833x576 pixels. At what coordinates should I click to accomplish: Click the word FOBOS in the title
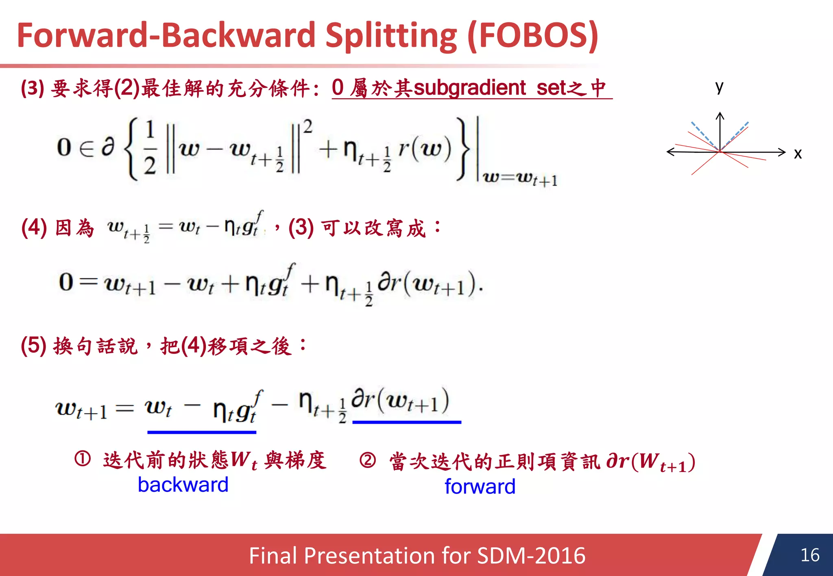[533, 36]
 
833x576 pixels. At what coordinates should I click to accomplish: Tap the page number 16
[809, 555]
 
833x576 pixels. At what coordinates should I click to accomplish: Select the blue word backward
[183, 485]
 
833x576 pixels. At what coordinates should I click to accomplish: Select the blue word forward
[480, 487]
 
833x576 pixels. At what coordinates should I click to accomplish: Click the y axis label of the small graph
[719, 87]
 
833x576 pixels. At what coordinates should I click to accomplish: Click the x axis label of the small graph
[798, 154]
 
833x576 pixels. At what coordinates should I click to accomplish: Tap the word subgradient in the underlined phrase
[470, 88]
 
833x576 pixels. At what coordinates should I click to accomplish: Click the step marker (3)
[33, 88]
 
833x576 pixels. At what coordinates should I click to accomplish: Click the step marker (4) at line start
[34, 227]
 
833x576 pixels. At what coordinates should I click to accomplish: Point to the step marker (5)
[34, 346]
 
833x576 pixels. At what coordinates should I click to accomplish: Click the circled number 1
[83, 459]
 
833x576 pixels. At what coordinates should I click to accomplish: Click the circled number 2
[368, 461]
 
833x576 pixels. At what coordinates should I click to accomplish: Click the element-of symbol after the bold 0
[86, 148]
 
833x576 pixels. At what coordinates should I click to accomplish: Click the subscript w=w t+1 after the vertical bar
[520, 178]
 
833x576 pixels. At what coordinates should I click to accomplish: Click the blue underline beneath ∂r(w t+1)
[407, 422]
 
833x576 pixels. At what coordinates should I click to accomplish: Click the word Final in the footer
[273, 556]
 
